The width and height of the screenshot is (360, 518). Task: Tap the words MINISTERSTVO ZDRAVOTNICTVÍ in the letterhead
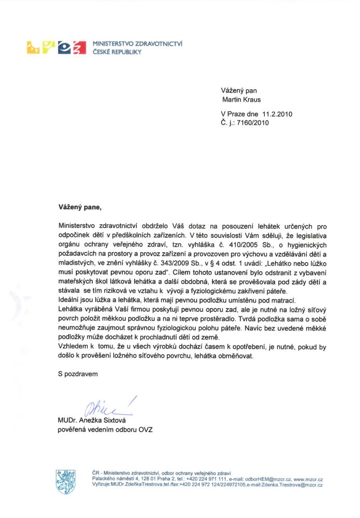click(x=137, y=44)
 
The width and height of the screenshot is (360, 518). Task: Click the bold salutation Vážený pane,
click(x=80, y=208)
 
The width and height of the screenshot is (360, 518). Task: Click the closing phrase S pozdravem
click(x=78, y=373)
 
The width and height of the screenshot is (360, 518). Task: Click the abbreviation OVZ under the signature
click(x=145, y=429)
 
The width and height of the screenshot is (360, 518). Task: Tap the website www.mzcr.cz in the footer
click(x=308, y=479)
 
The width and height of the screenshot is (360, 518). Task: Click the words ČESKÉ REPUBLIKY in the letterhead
click(x=118, y=52)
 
